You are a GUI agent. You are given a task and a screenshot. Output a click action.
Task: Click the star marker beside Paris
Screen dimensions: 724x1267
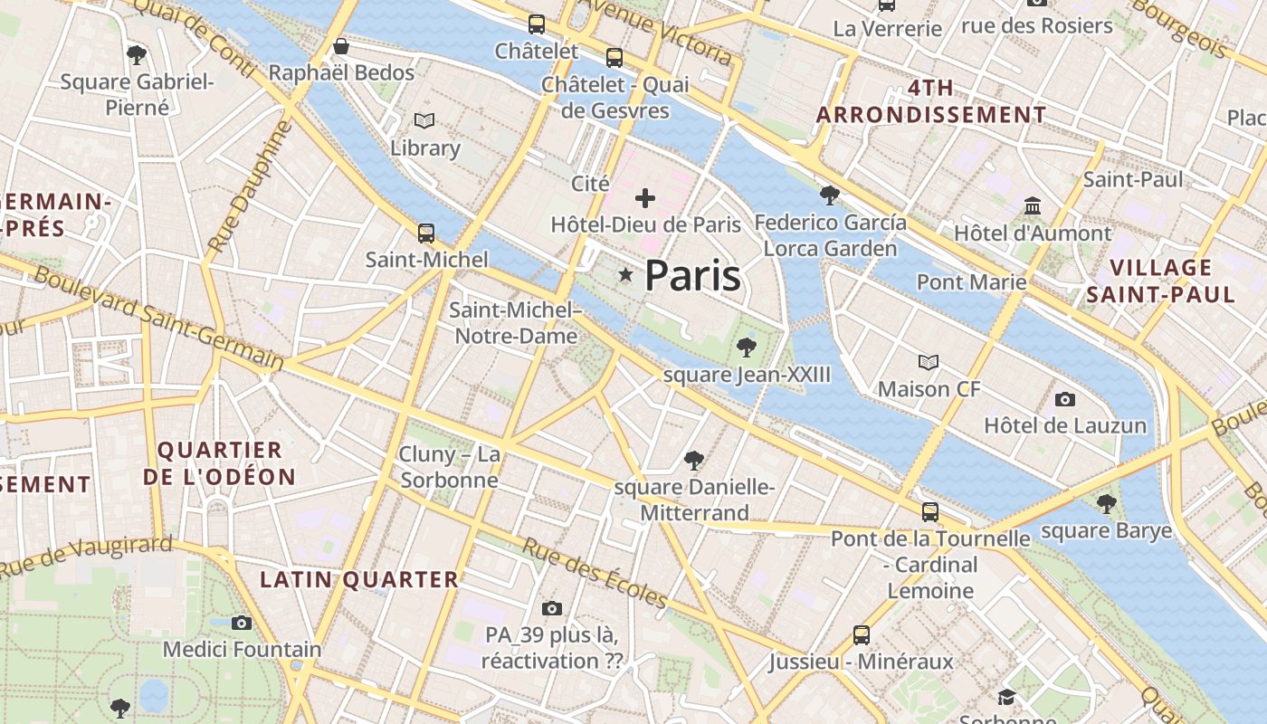624,274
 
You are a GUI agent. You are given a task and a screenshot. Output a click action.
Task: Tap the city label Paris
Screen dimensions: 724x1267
692,276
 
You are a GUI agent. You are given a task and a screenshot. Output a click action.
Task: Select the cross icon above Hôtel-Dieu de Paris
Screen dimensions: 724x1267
645,197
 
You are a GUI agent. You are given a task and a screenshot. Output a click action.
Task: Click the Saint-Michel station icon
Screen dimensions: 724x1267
426,233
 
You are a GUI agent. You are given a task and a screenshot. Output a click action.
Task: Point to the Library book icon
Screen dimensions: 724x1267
424,120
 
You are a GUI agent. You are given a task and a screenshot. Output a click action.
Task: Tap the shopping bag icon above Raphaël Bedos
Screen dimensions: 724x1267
341,46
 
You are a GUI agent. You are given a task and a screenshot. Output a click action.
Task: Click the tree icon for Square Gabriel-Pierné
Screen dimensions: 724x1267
137,55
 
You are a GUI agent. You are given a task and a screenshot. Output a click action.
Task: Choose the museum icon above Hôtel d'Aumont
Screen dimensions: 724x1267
1033,206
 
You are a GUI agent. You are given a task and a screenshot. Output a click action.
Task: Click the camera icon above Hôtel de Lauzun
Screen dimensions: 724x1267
1065,399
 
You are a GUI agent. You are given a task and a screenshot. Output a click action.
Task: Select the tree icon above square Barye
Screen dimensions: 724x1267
1106,504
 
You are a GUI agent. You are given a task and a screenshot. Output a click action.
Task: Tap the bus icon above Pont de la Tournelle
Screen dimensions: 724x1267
929,512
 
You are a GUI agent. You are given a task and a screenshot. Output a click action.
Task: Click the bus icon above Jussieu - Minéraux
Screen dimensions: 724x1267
861,635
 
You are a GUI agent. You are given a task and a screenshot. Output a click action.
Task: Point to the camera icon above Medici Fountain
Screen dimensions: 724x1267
241,623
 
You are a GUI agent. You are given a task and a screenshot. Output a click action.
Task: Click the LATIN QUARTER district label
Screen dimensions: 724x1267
359,580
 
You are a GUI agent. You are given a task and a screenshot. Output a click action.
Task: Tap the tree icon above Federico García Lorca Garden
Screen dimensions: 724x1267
829,195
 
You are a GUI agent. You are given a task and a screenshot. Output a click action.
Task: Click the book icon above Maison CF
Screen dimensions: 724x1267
929,363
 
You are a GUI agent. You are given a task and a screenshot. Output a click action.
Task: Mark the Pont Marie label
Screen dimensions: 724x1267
971,281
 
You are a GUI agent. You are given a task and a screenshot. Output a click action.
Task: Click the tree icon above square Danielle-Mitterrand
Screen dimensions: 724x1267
694,461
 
